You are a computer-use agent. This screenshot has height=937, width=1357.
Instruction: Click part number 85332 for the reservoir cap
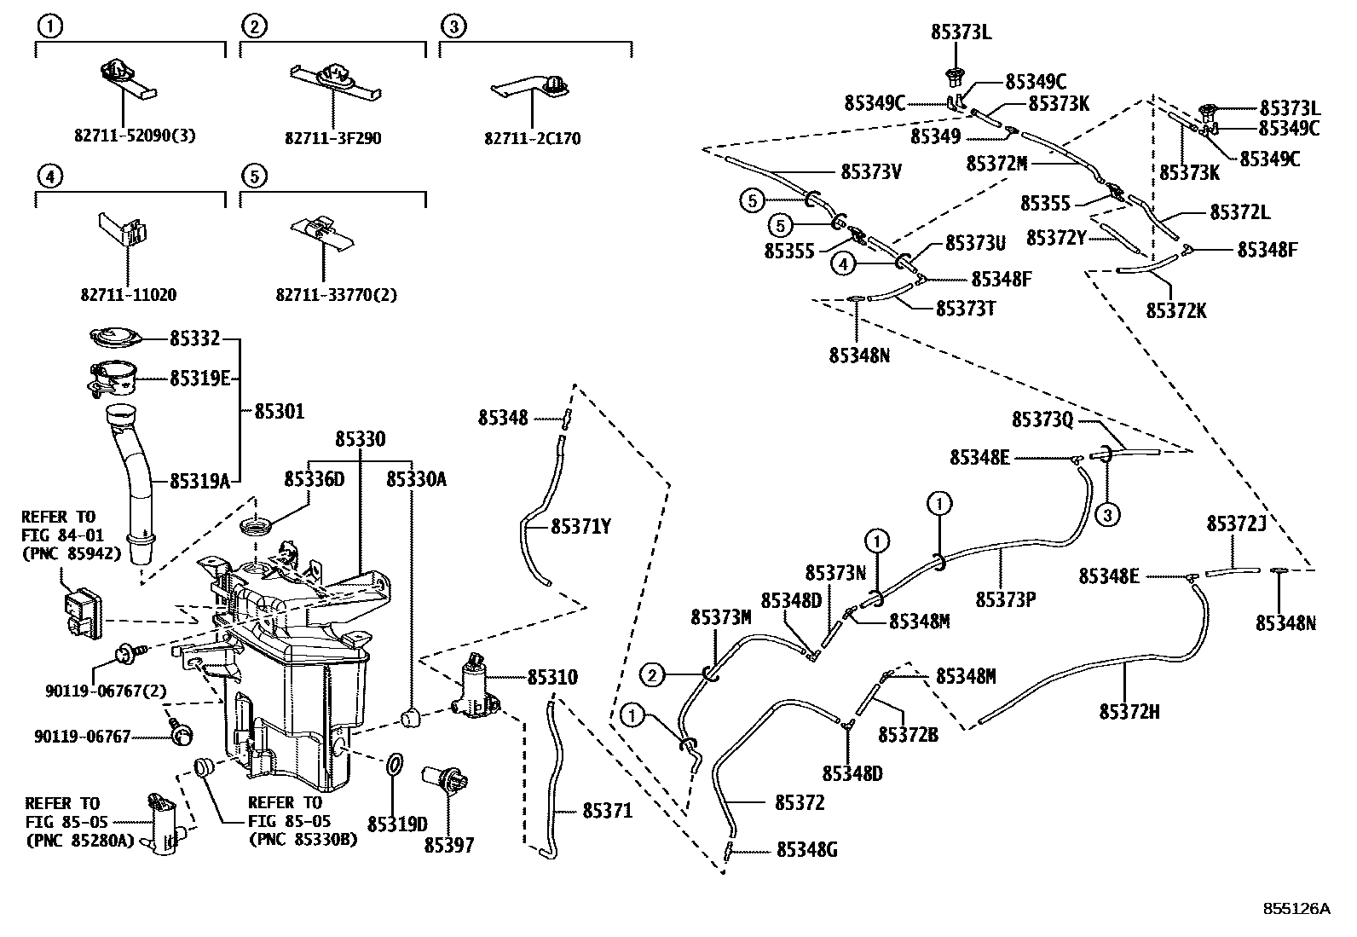[194, 339]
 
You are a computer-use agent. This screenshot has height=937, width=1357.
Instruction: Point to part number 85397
[449, 845]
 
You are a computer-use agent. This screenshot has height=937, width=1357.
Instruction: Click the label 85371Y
[580, 527]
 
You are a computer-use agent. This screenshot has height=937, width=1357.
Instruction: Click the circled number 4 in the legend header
[49, 176]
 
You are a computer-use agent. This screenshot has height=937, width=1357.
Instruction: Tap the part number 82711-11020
[129, 295]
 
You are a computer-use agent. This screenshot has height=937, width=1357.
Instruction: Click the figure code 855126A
[1296, 909]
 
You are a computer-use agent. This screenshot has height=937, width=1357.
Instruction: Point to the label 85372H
[1129, 711]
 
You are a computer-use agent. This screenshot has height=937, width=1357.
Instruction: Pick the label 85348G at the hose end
[806, 850]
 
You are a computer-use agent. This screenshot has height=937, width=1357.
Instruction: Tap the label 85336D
[315, 479]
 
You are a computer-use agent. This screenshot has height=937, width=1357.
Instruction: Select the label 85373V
[871, 171]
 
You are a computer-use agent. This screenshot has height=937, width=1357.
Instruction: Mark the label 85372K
[1176, 310]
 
